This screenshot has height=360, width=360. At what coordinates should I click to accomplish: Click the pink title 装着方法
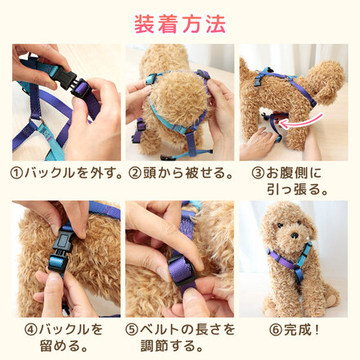(x=179, y=23)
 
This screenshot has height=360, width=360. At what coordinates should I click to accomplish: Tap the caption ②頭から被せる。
(x=179, y=173)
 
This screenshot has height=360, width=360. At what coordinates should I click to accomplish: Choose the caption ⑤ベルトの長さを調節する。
(x=179, y=338)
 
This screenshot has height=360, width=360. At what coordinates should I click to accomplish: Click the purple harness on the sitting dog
(x=286, y=262)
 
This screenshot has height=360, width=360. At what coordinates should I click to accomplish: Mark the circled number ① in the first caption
(x=16, y=173)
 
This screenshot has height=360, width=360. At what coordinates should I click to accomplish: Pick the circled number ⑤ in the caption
(x=133, y=331)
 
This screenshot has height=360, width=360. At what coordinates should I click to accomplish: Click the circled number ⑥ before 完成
(x=263, y=331)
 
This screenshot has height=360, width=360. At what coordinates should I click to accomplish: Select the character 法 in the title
(x=214, y=23)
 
